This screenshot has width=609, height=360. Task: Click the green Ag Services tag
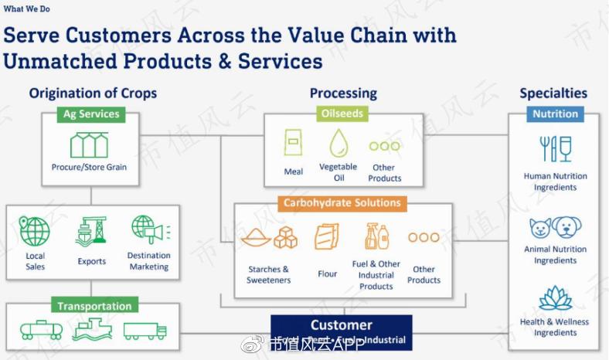point(91,114)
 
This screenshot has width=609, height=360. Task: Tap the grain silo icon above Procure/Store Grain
point(89,144)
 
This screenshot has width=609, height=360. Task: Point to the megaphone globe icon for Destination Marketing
point(149,230)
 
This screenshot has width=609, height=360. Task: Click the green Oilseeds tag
point(342,114)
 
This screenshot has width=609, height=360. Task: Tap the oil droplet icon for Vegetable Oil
point(339,144)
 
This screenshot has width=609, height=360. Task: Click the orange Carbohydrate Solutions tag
point(342,203)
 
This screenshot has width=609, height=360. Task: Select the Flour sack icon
point(327,236)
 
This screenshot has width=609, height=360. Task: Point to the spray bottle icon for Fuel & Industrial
point(376,236)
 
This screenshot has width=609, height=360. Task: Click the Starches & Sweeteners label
point(269,274)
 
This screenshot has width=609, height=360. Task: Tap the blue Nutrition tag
point(555,114)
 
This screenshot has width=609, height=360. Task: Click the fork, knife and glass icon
point(555,148)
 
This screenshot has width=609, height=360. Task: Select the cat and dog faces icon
point(555,227)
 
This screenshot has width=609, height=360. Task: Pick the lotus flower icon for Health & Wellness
point(555,297)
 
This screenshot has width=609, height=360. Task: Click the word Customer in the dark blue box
point(342,325)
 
